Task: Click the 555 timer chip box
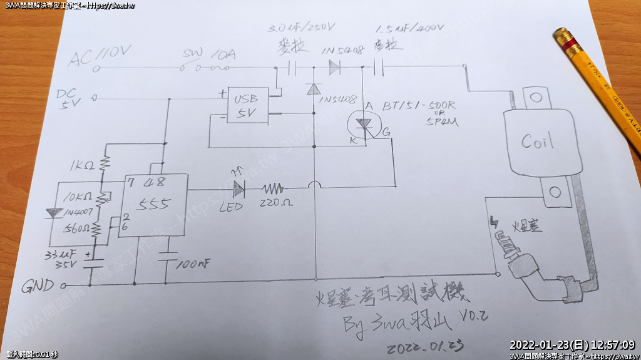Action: (154, 205)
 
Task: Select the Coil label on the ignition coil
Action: (538, 141)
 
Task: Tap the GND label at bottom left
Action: (38, 287)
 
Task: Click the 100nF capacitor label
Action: (192, 264)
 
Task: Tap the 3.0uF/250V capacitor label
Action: (302, 29)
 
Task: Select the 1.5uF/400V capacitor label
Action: (409, 29)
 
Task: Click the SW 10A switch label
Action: (209, 54)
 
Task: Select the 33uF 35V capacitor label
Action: (66, 260)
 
